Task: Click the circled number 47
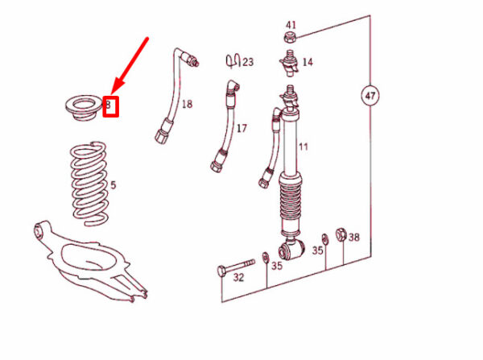(369, 96)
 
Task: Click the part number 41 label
(291, 25)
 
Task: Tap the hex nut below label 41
(290, 38)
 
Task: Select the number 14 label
(308, 62)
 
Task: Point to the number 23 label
(248, 62)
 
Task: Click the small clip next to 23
(233, 61)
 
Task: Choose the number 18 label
(187, 104)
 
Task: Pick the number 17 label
(242, 128)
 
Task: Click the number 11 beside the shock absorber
(303, 147)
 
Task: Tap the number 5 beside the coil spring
(113, 185)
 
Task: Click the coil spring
(89, 184)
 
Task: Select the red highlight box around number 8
(110, 106)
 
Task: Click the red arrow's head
(117, 87)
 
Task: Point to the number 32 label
(238, 277)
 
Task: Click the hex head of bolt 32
(222, 271)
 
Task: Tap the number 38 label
(354, 237)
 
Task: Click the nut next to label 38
(341, 235)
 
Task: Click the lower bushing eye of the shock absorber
(291, 250)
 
